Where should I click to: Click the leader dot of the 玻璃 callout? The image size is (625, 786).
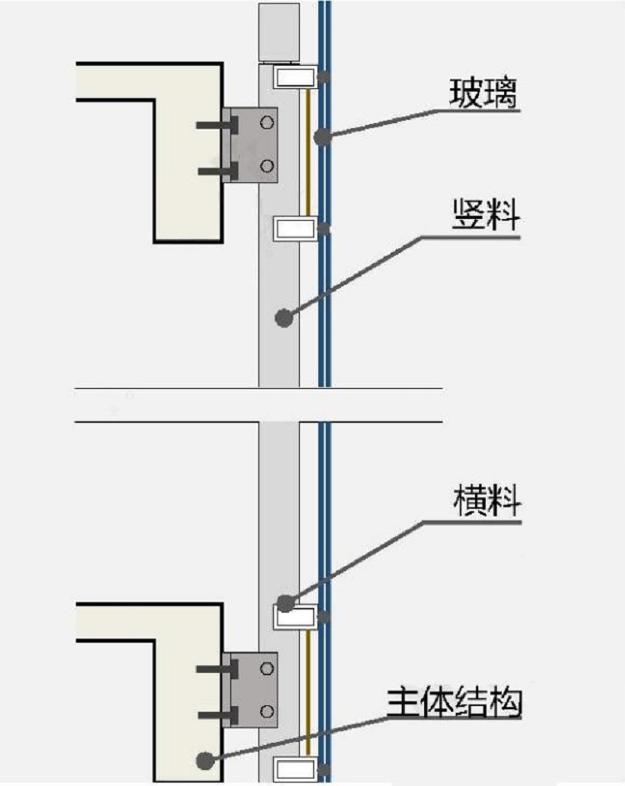coord(322,138)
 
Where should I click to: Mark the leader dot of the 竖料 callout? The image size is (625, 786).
coord(284,317)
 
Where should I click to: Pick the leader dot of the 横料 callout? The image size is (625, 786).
coord(285,604)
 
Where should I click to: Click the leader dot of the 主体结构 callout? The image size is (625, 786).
coord(204,759)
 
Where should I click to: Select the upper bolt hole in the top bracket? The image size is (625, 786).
coord(267,123)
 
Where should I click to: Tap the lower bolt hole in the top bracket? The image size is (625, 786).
coord(267,166)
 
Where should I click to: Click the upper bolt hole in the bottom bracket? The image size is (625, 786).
coord(267,667)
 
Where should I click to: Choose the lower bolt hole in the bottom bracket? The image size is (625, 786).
coord(267,710)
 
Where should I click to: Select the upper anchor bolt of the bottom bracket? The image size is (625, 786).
coord(217,669)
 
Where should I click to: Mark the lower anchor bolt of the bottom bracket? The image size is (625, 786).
coord(217,714)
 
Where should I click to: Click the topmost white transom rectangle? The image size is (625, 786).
coord(295,78)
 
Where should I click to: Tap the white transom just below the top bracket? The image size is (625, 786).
coord(295,227)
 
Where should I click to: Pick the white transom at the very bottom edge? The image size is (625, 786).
coord(295,770)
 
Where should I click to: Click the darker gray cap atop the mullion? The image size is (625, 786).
coord(279,33)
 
